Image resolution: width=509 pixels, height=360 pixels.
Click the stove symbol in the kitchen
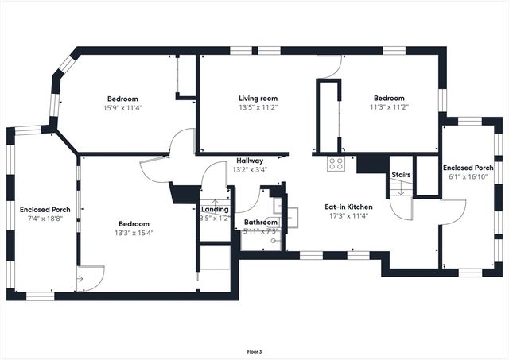pos(336,165)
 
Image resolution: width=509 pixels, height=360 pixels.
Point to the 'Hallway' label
pos(249,161)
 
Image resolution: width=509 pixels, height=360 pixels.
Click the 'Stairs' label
pos(400,176)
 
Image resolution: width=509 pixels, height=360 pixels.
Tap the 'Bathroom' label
pos(260,223)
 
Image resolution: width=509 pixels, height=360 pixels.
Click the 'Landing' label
pos(214,209)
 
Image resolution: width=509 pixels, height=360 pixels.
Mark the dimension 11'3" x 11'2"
pos(389,107)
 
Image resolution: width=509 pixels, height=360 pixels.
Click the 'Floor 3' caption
pos(254,350)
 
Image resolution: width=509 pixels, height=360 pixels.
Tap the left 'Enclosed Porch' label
pos(40,210)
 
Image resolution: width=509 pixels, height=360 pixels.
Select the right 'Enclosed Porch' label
pos(468,168)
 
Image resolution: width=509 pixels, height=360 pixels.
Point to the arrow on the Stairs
pos(401,190)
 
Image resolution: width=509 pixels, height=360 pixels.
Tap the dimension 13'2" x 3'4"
pos(249,169)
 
